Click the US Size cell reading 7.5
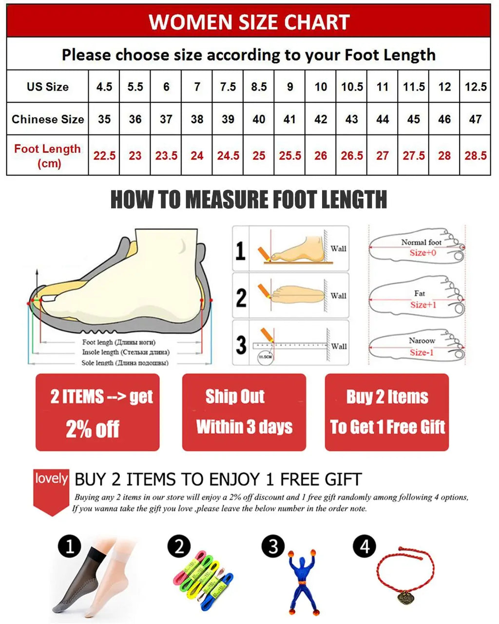(228, 87)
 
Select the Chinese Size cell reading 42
(321, 119)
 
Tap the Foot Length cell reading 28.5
(476, 155)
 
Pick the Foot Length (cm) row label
(47, 155)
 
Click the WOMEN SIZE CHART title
(249, 22)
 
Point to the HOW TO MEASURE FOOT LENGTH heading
(249, 200)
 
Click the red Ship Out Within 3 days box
(244, 412)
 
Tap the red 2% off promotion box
(97, 412)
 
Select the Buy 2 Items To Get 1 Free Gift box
(387, 412)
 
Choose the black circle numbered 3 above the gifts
(273, 547)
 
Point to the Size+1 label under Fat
(423, 305)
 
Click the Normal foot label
(421, 242)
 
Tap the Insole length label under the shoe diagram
(126, 352)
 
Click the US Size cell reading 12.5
(476, 87)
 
